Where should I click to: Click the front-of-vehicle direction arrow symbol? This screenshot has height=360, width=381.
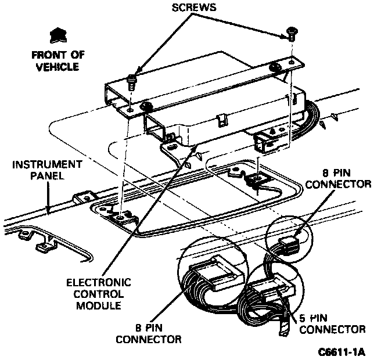[x=57, y=37]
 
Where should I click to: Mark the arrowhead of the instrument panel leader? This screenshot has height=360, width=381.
[x=49, y=208]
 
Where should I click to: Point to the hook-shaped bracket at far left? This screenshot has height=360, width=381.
[x=35, y=241]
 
